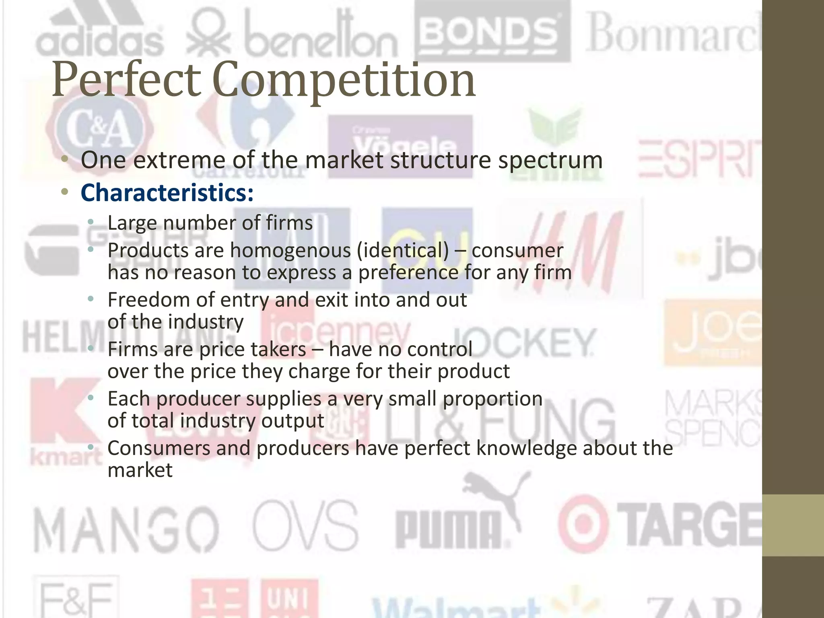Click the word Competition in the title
point(344,80)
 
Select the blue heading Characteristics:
point(167,193)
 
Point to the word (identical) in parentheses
point(403,251)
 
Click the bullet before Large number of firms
point(91,222)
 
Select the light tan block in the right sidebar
point(793,525)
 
